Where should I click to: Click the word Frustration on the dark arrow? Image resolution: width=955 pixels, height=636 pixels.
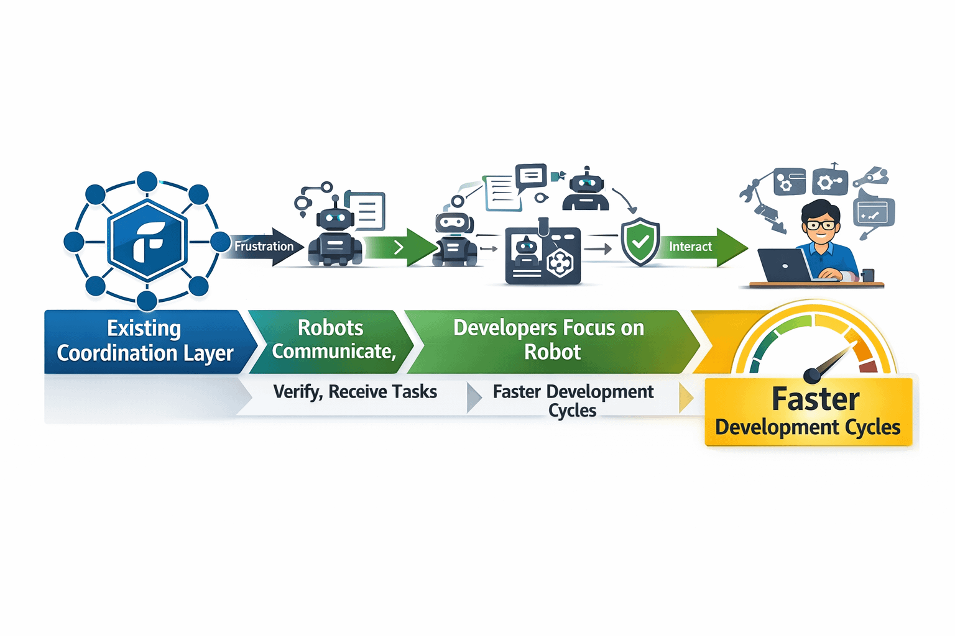click(x=264, y=247)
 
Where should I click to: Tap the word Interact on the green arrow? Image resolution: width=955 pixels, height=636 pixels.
click(x=690, y=247)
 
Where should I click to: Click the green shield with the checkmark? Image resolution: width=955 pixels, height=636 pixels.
click(x=640, y=242)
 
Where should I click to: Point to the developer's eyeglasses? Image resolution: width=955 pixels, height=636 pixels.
click(x=820, y=225)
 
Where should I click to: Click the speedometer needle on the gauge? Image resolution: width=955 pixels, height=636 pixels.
click(x=830, y=363)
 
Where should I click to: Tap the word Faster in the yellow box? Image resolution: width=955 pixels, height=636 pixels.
click(x=815, y=399)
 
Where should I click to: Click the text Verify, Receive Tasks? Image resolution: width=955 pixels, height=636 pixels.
click(x=355, y=392)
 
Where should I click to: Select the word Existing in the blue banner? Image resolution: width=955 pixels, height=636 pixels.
click(x=144, y=328)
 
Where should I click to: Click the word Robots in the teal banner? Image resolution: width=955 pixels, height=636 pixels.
click(x=330, y=327)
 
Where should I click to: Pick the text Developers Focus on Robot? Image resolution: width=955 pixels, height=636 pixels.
click(x=549, y=339)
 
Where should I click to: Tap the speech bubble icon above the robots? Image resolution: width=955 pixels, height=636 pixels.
click(x=531, y=176)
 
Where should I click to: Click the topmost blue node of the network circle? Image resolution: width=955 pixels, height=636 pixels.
click(x=147, y=181)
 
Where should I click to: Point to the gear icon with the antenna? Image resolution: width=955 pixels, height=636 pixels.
click(x=829, y=181)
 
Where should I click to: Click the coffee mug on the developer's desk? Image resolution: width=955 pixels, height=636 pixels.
click(x=868, y=275)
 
